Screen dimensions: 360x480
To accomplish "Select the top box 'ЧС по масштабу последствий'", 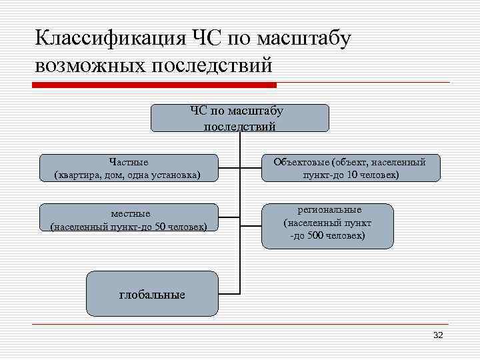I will click(240, 117).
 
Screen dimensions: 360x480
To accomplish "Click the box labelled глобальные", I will click(152, 293).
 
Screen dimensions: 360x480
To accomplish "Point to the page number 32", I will click(437, 335).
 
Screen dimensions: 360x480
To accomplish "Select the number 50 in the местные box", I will click(161, 227).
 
